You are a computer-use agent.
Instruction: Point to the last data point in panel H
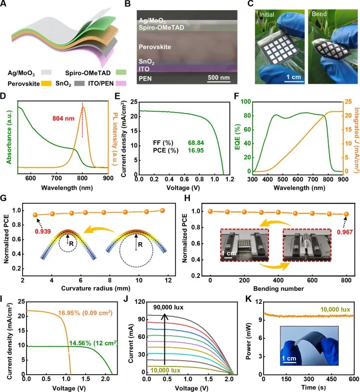tap(346, 214)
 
